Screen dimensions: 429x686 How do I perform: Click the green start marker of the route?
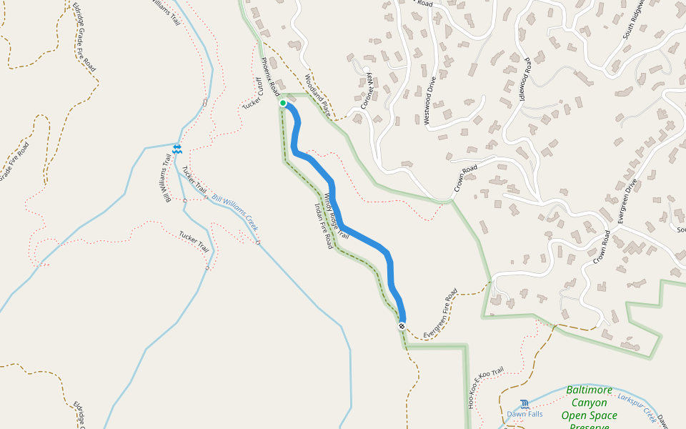coord(283,104)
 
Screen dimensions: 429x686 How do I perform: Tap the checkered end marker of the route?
coord(402,326)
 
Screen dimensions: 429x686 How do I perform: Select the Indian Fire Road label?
coord(324,225)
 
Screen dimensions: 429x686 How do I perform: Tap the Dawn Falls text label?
coord(525,414)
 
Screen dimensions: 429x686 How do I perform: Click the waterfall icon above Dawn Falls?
coord(525,404)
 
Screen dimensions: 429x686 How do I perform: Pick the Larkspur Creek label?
coord(636,405)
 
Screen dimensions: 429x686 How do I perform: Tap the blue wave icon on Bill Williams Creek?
coord(177,149)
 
